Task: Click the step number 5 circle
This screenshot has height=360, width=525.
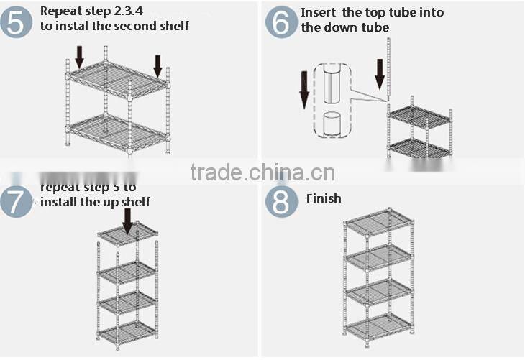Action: point(17,22)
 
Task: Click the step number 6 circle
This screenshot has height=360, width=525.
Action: point(280,22)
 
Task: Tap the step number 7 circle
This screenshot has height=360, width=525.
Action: point(16,201)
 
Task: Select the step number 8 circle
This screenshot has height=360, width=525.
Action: point(281,202)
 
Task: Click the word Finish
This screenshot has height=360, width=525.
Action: point(324,198)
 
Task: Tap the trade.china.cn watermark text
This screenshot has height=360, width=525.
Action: point(262,173)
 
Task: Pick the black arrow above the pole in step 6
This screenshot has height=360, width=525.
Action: point(380,74)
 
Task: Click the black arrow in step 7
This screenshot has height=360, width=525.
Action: point(128,221)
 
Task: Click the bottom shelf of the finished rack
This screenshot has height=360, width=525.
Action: point(378,326)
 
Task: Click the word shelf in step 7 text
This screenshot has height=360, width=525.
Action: point(135,202)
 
